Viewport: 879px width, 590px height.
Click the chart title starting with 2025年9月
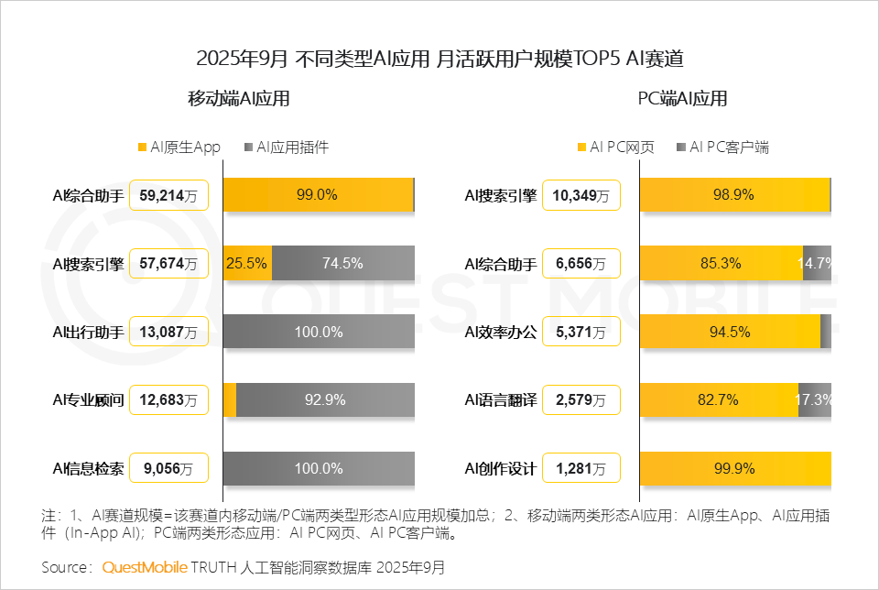(439, 60)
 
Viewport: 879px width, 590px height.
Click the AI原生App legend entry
(179, 147)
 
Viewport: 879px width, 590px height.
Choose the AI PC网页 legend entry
(615, 147)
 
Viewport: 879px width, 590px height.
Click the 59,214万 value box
(169, 194)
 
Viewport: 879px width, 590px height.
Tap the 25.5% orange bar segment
(247, 263)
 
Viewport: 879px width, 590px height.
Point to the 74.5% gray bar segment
(343, 263)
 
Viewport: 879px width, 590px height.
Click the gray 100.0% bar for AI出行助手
(319, 332)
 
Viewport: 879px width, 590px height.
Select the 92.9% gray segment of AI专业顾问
(325, 400)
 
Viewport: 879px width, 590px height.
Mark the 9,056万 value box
(169, 469)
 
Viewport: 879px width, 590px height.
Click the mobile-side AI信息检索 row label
(88, 469)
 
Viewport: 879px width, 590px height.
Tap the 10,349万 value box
(581, 194)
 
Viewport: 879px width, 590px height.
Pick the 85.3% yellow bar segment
(721, 263)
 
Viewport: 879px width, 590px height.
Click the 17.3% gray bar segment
(815, 400)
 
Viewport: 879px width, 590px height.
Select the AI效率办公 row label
(500, 332)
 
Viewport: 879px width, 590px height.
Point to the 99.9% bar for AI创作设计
(734, 469)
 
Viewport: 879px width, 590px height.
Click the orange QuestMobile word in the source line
(145, 567)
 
